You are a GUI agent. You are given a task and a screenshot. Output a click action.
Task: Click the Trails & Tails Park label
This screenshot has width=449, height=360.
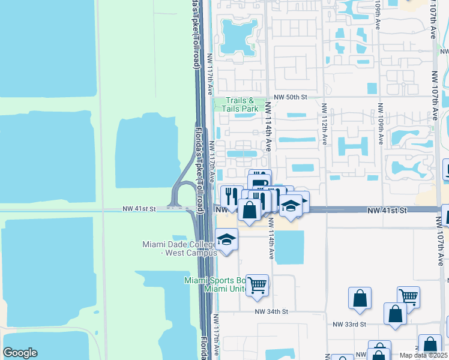point(242,104)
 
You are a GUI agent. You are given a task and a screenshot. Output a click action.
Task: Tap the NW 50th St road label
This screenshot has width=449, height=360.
point(291,97)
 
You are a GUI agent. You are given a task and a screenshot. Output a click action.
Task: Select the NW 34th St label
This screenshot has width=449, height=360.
point(271,311)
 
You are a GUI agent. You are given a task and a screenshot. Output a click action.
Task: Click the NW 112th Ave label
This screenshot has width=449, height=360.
point(324,124)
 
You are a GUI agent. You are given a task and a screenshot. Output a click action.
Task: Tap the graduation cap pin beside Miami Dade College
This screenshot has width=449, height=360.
point(227,239)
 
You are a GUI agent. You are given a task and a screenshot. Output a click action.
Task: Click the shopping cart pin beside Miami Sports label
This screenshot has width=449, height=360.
point(257,286)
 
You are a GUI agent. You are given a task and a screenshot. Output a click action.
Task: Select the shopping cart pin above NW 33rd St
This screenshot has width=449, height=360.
point(408,296)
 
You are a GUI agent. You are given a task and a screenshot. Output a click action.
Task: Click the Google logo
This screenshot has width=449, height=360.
point(20,353)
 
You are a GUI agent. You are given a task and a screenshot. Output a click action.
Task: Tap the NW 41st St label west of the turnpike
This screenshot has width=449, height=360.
point(139,209)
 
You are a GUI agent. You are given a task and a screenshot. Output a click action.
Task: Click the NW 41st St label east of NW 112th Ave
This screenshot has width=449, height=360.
point(387,210)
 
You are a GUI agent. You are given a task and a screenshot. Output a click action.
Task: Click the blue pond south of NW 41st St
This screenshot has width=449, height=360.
point(289,247)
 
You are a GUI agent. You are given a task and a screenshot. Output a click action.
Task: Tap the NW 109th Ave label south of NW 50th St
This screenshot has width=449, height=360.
point(380,124)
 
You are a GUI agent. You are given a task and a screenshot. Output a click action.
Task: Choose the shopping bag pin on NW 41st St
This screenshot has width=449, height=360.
point(250,211)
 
